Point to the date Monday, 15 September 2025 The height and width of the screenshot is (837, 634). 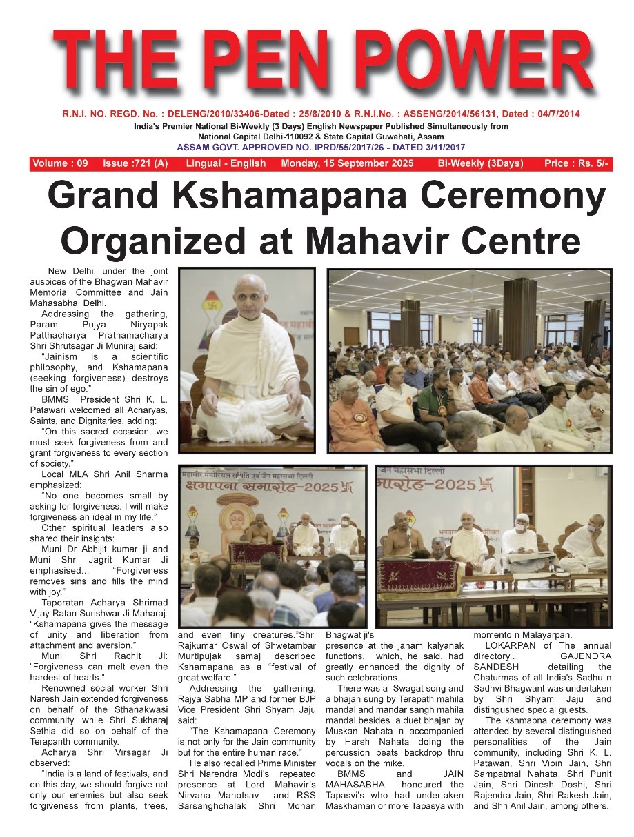pyautogui.click(x=348, y=164)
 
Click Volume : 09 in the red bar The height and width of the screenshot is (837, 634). pyautogui.click(x=60, y=164)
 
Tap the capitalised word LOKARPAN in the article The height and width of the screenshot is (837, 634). pyautogui.click(x=510, y=646)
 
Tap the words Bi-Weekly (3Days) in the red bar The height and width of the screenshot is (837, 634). pyautogui.click(x=480, y=164)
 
